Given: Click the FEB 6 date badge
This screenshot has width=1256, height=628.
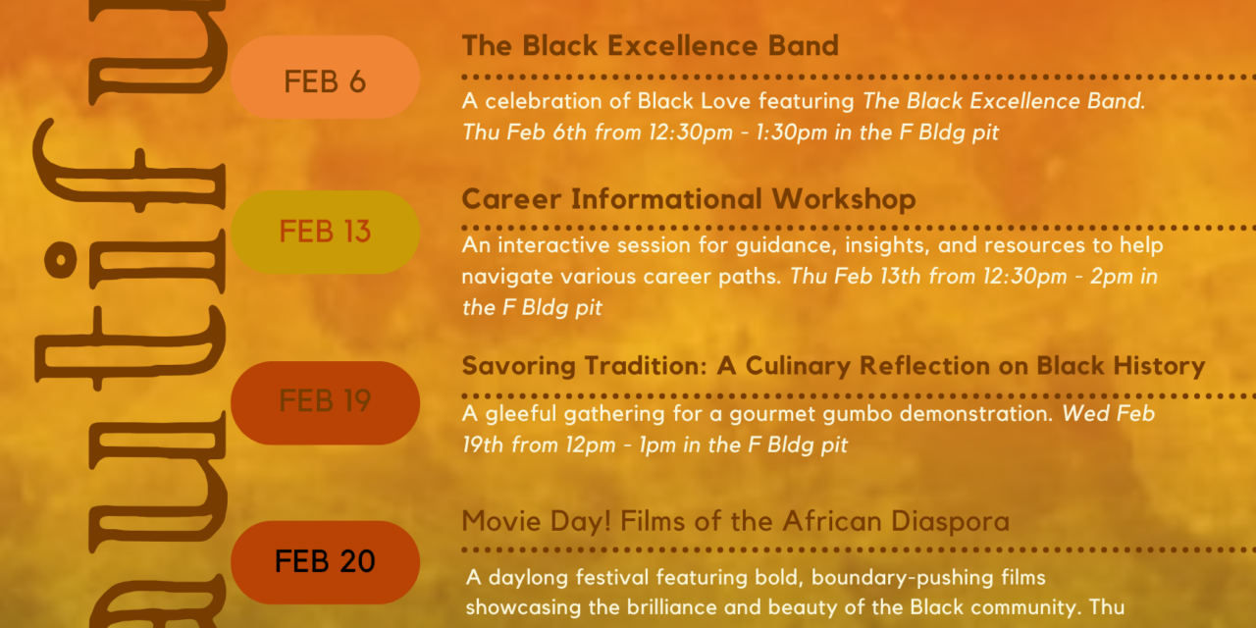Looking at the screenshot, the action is pyautogui.click(x=325, y=78).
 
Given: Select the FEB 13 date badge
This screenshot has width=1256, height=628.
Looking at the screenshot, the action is pyautogui.click(x=325, y=233).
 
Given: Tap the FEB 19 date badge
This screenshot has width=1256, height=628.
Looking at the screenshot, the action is pyautogui.click(x=325, y=403).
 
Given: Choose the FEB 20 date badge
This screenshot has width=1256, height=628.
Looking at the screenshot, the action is pyautogui.click(x=325, y=562).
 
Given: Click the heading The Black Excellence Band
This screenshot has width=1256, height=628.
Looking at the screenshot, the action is pyautogui.click(x=651, y=45).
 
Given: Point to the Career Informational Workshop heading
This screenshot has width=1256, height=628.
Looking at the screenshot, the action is pyautogui.click(x=689, y=199).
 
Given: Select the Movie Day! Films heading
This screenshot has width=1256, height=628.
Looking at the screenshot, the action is pyautogui.click(x=736, y=521).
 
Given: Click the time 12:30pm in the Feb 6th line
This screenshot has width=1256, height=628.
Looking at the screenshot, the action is pyautogui.click(x=691, y=132).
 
